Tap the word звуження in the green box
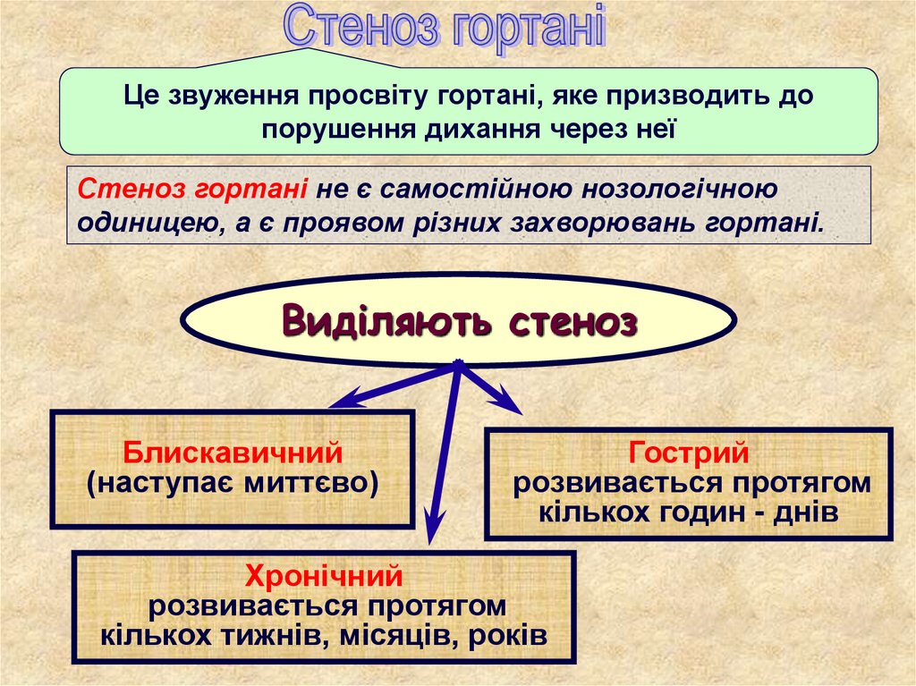pyautogui.click(x=233, y=94)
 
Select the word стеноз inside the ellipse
pyautogui.click(x=572, y=322)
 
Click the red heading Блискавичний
pyautogui.click(x=233, y=453)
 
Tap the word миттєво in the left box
pyautogui.click(x=309, y=483)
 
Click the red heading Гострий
pyautogui.click(x=688, y=453)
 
